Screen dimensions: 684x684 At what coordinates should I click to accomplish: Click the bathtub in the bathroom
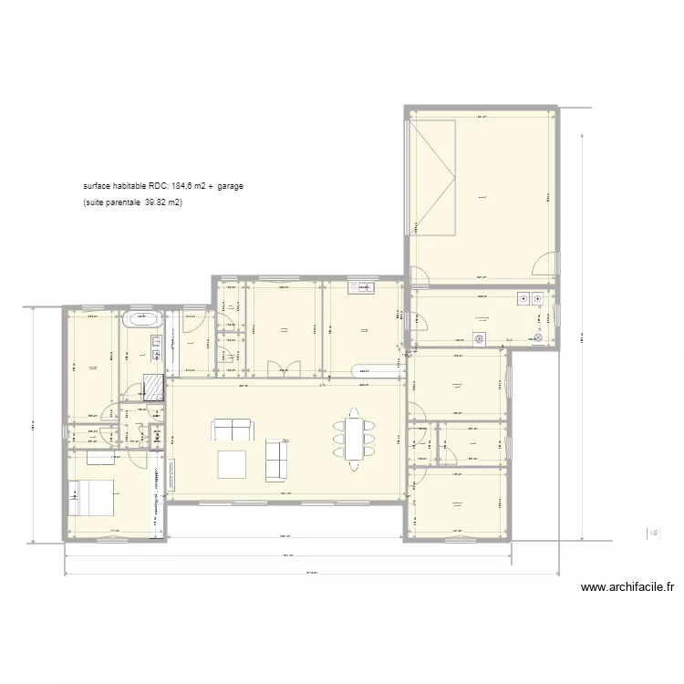[143, 320]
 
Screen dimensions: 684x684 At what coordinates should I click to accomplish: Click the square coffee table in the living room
[232, 464]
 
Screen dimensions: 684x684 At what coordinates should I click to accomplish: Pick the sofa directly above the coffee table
[232, 430]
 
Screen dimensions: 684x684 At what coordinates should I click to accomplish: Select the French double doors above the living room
[284, 367]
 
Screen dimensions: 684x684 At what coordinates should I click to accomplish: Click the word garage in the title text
[230, 186]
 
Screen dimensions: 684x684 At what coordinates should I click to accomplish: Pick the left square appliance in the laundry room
[524, 297]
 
